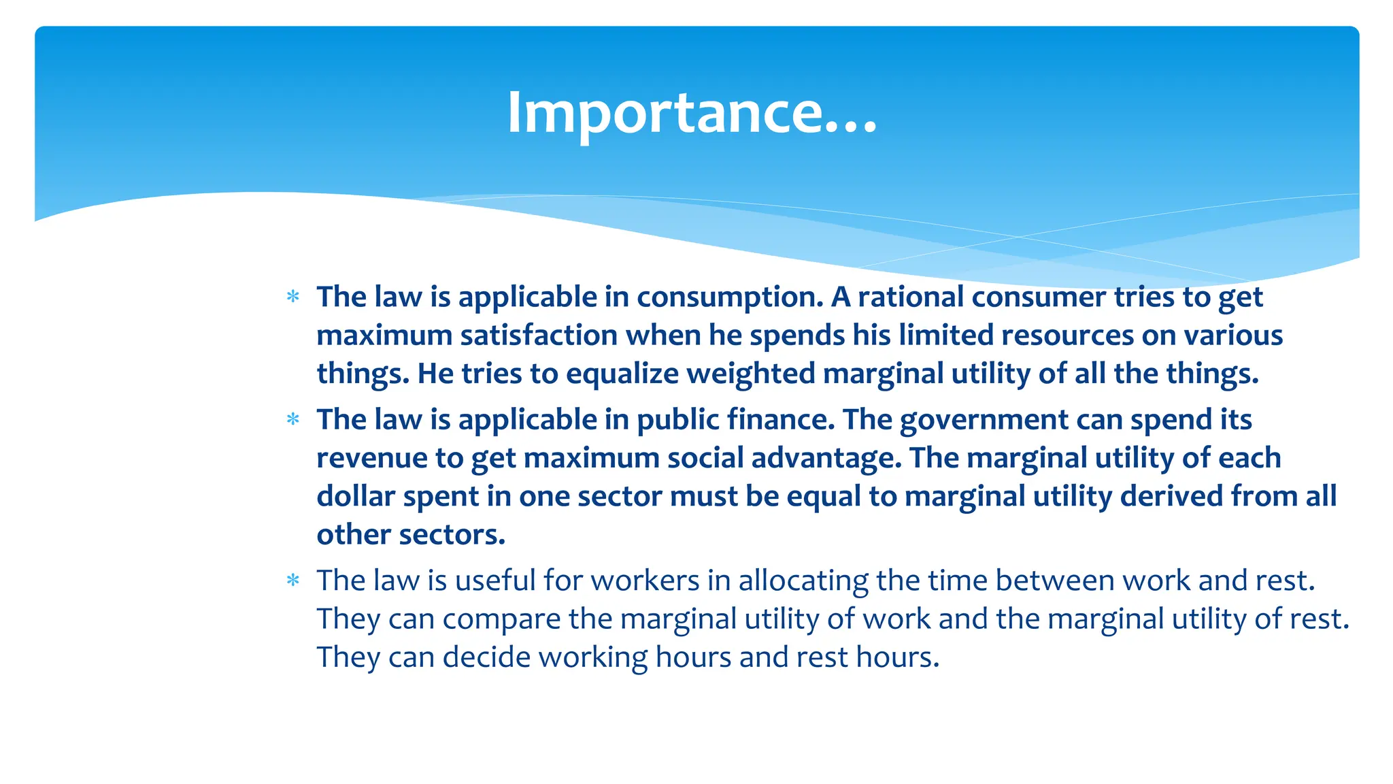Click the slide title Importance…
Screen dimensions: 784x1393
(x=692, y=113)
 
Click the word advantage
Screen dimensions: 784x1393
(x=826, y=458)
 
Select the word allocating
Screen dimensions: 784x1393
(x=803, y=581)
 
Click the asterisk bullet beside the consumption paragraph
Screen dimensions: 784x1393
(x=293, y=297)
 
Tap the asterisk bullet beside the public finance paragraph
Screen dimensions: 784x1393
(x=293, y=419)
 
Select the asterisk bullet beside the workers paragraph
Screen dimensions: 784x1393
(x=293, y=581)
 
